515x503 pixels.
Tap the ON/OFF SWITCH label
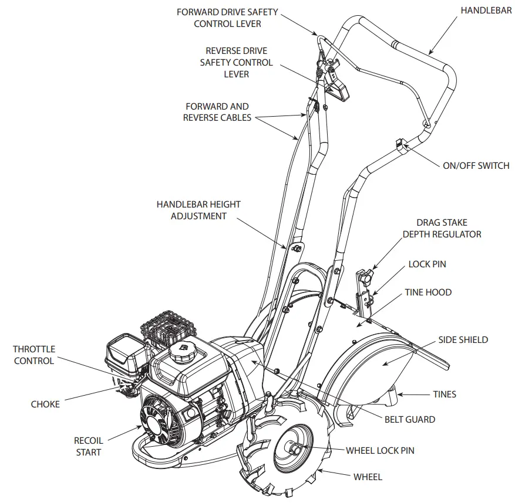click(x=476, y=165)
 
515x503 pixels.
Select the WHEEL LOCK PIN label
click(x=380, y=450)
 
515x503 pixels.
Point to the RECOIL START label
click(x=88, y=446)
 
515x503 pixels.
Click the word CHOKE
click(x=45, y=404)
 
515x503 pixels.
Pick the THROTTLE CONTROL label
click(x=33, y=355)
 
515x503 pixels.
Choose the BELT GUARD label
click(x=410, y=419)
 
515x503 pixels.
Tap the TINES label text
click(x=444, y=395)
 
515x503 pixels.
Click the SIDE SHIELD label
click(x=463, y=339)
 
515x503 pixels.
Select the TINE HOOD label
click(x=428, y=292)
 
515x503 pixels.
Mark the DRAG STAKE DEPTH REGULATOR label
click(x=442, y=228)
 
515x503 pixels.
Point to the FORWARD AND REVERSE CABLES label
click(x=217, y=111)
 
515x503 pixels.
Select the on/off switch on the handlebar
click(x=399, y=143)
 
